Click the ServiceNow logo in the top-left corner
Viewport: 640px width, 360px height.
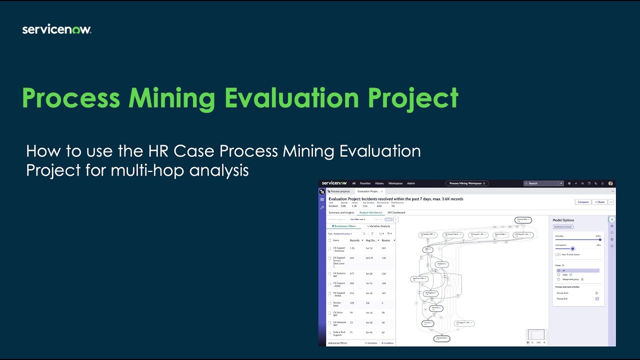[56, 30]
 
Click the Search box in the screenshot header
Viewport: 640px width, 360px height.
[543, 183]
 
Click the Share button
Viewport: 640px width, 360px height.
[599, 202]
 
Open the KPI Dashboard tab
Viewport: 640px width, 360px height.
[396, 212]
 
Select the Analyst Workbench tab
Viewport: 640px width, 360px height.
[370, 212]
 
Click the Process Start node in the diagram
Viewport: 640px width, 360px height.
[523, 220]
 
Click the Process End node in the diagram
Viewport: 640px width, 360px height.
[441, 338]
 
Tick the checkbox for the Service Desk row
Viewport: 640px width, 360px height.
[329, 303]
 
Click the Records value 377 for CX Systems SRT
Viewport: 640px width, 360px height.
[352, 273]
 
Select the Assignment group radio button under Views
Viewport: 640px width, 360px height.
[558, 279]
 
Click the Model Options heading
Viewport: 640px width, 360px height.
[563, 220]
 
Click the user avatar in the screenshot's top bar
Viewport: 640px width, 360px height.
[610, 183]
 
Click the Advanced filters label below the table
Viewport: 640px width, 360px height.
[337, 343]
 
